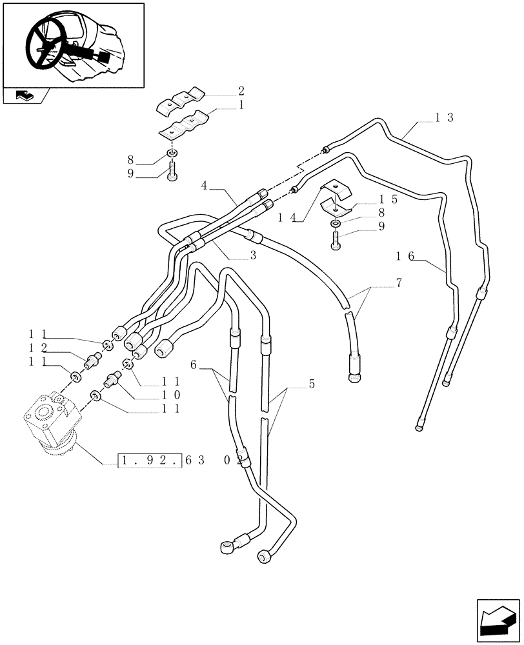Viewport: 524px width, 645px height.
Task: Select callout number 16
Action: pos(405,256)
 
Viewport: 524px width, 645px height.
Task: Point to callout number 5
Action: pos(312,384)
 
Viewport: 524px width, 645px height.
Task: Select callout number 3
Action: pos(253,255)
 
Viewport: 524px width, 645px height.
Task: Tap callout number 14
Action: pos(285,219)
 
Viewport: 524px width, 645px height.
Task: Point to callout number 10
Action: pos(171,395)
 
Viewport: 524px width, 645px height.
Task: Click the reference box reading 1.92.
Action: pos(150,461)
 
